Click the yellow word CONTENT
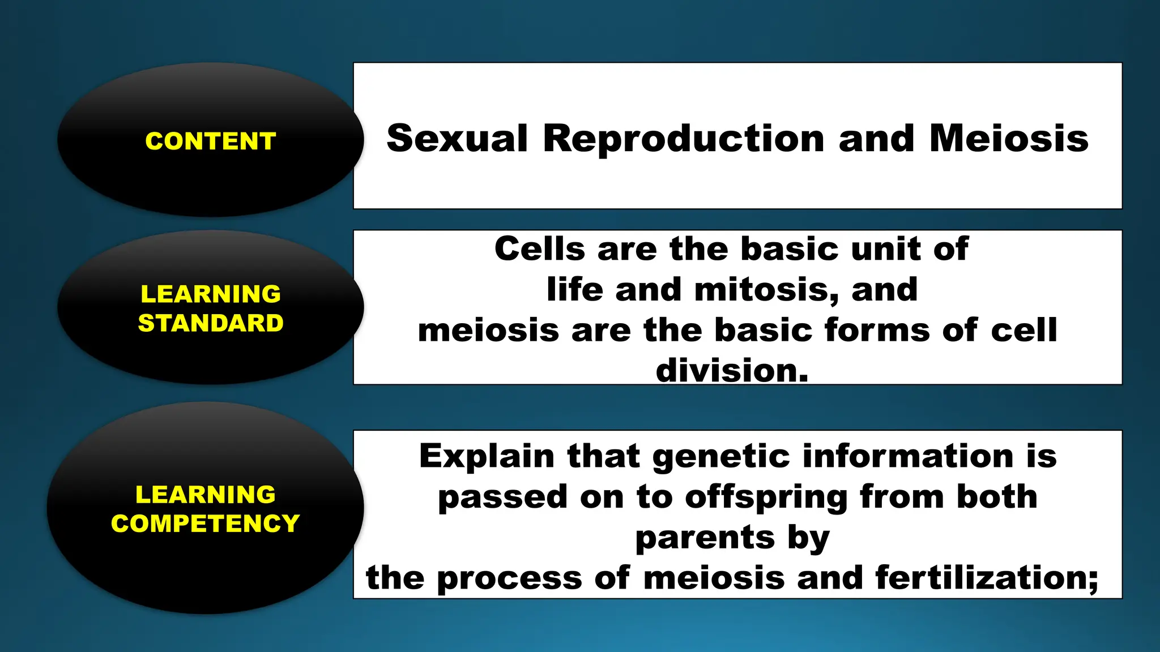210,141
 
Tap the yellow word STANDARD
210,323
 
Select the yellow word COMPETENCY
205,524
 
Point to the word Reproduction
683,138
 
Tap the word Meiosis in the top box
1008,138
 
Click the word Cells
539,248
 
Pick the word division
732,371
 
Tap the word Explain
487,456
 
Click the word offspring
766,497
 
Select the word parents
705,538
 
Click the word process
509,578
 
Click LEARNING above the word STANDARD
210,294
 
